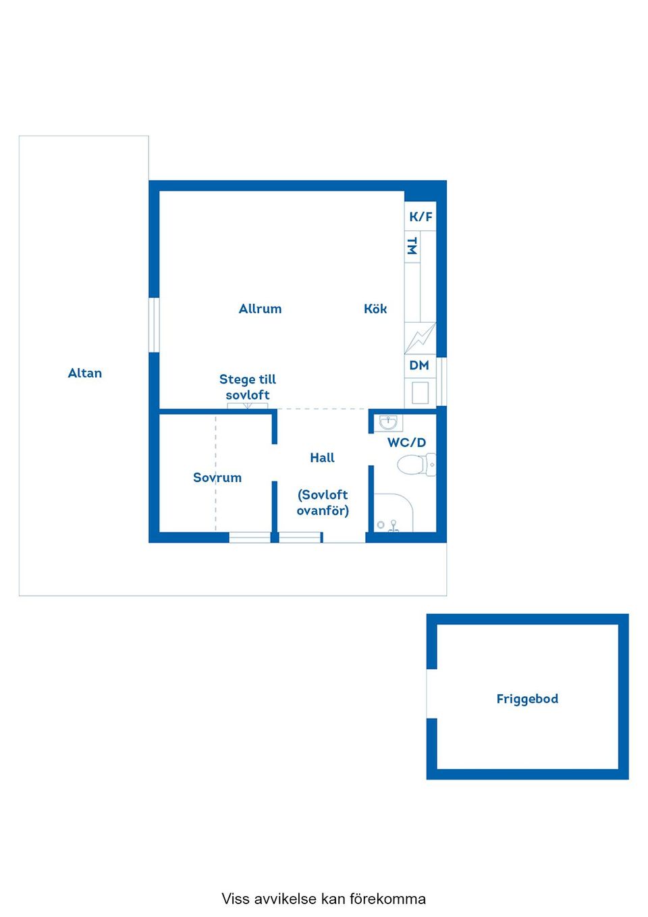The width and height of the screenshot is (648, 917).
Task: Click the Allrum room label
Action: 260,309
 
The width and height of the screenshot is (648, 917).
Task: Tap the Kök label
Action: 375,309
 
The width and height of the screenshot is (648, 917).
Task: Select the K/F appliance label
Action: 421,217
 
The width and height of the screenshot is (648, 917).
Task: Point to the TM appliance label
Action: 412,246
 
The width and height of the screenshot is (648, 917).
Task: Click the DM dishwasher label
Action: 419,365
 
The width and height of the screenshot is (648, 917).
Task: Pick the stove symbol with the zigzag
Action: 420,338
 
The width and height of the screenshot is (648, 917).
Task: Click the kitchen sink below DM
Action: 420,393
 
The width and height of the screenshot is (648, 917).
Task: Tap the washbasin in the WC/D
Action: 388,423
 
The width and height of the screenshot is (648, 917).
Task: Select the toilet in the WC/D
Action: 416,465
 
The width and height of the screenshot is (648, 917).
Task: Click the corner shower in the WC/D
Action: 393,513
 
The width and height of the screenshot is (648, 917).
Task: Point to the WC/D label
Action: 406,442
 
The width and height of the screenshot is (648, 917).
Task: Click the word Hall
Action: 323,458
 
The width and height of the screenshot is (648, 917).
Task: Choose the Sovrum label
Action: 217,477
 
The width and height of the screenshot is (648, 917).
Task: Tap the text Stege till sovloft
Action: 248,387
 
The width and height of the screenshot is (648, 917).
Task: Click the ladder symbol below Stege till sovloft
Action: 248,406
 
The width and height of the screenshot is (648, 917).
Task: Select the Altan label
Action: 84,373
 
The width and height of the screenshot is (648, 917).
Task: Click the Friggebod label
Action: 527,698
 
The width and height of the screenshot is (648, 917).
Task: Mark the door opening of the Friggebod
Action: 431,693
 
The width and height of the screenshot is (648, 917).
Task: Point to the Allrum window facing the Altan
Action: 154,325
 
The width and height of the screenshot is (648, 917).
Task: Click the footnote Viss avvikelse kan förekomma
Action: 323,899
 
